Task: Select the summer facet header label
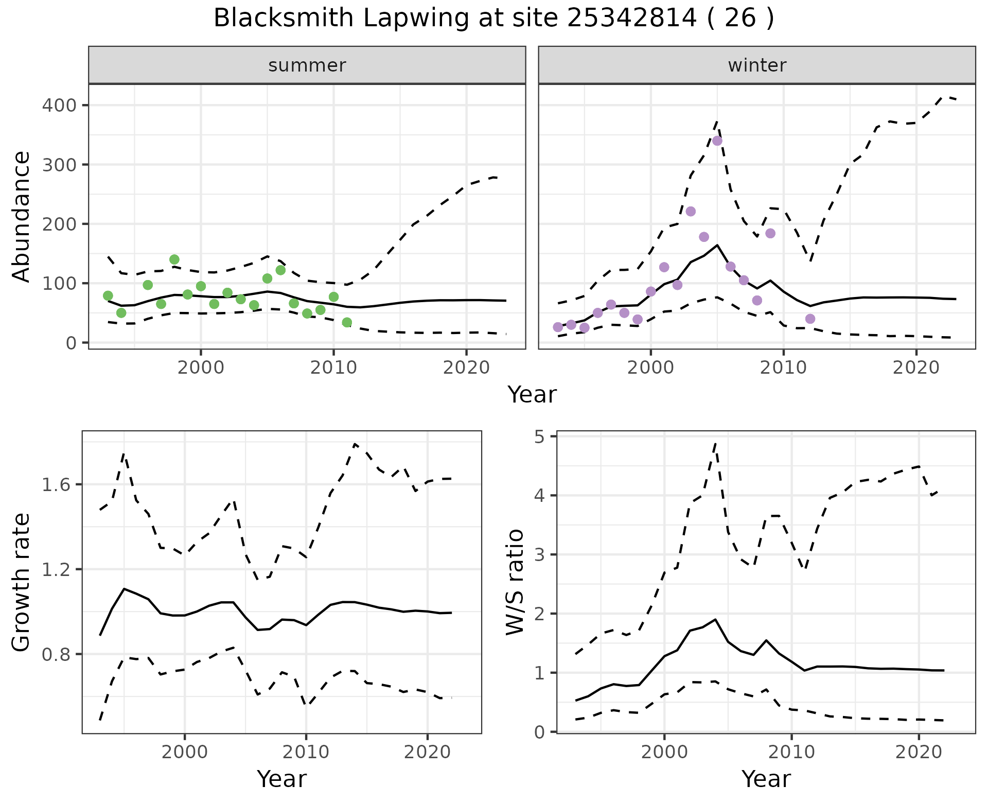click(x=307, y=65)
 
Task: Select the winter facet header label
click(x=757, y=65)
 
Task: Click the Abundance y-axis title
click(x=22, y=216)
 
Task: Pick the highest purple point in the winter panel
click(x=717, y=141)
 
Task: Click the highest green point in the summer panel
click(x=174, y=259)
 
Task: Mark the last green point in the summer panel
click(x=347, y=323)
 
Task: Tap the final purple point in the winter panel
click(x=810, y=319)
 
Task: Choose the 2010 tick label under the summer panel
click(x=333, y=368)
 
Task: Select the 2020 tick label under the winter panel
click(x=916, y=368)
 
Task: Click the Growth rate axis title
click(x=22, y=583)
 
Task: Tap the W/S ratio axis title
click(x=515, y=583)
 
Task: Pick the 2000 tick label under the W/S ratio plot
click(x=664, y=752)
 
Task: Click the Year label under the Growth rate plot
click(x=281, y=779)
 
